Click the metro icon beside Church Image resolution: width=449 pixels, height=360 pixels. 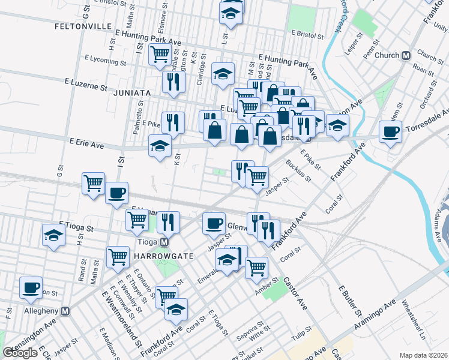point(406,55)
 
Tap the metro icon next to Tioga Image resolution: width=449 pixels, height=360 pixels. point(163,242)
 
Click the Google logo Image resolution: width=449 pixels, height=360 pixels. point(20,353)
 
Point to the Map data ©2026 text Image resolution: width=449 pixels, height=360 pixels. point(424,355)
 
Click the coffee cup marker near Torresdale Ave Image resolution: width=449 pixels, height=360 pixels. point(391,131)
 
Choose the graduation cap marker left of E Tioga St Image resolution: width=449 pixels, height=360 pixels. point(54,235)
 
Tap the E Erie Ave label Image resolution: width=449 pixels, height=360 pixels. point(86,144)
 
